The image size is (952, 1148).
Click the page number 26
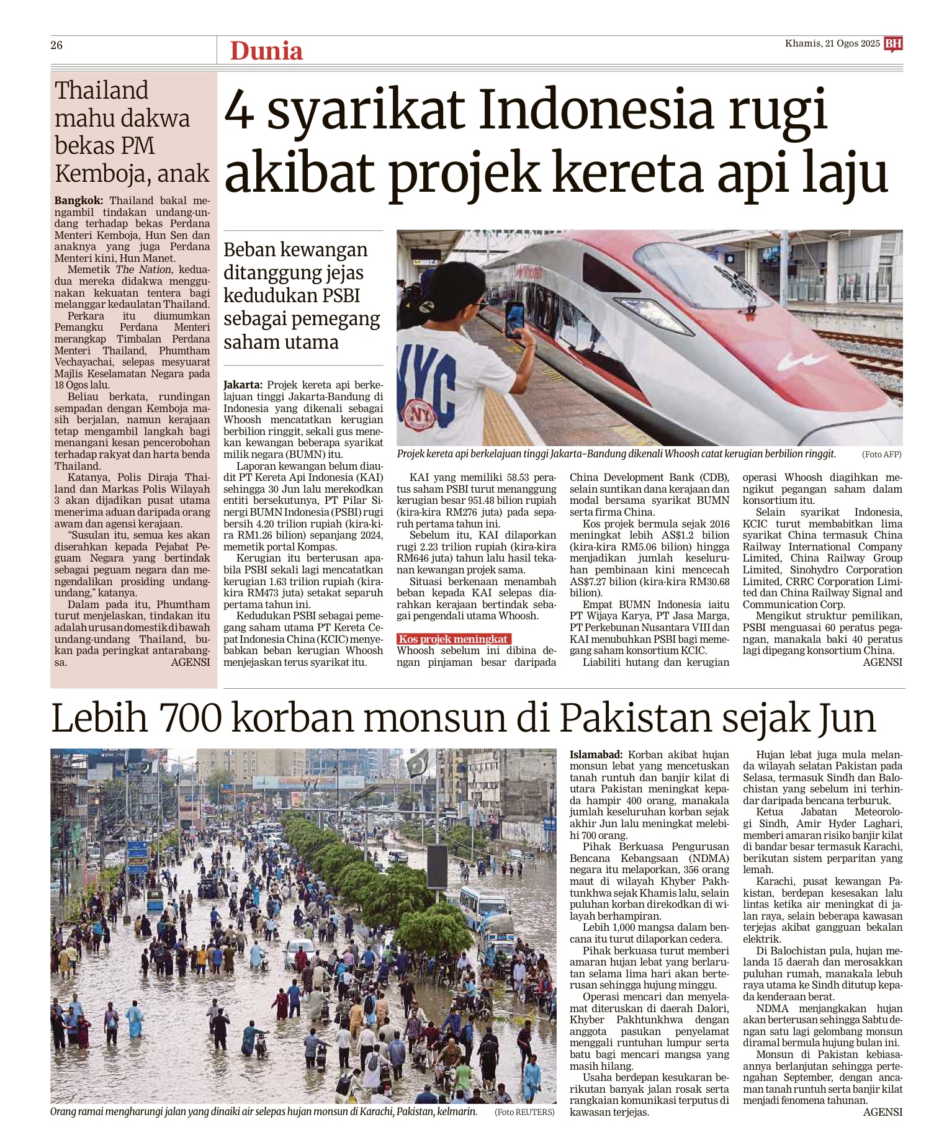[x=56, y=45]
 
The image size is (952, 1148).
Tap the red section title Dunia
[x=266, y=51]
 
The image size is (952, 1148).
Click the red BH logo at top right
[x=893, y=43]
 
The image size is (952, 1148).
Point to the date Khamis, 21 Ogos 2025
[x=832, y=43]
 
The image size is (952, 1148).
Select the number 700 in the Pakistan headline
[x=191, y=719]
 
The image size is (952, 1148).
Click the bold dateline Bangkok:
[x=79, y=201]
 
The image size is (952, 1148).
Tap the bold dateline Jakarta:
[x=243, y=385]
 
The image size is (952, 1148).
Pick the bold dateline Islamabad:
[x=596, y=755]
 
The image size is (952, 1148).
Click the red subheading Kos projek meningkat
[x=454, y=639]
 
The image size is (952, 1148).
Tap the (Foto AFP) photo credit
[x=881, y=455]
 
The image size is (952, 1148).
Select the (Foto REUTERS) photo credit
[x=524, y=1112]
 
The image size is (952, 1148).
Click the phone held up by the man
[x=514, y=318]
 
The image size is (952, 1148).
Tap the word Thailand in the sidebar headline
[x=102, y=91]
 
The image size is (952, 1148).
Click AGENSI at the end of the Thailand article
[x=190, y=662]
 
